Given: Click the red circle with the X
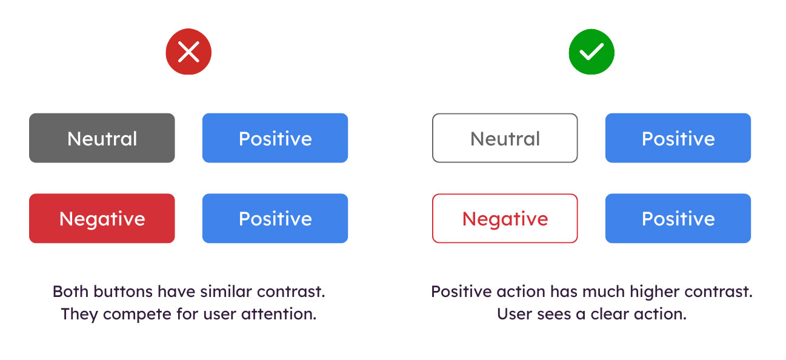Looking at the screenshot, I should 188,52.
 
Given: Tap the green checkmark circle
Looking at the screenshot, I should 591,52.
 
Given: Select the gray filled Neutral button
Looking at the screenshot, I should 102,138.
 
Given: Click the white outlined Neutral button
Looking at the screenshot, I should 505,138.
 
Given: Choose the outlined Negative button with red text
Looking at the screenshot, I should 505,218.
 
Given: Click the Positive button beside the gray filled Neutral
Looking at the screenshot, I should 275,138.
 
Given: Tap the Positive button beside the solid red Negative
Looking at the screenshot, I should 275,218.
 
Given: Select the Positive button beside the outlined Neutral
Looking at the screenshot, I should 678,138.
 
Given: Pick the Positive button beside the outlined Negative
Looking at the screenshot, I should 678,218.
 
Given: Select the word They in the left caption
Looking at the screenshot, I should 75,315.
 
